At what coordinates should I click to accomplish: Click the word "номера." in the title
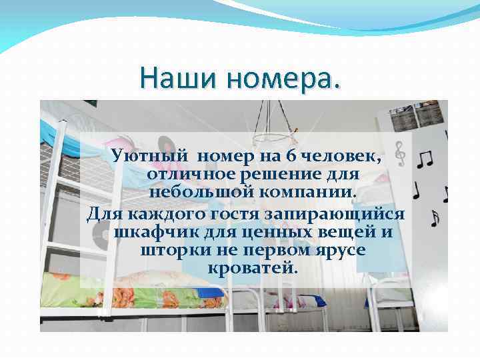point(283,78)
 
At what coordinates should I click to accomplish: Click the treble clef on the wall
point(400,154)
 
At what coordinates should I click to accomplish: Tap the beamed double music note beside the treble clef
point(424,159)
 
